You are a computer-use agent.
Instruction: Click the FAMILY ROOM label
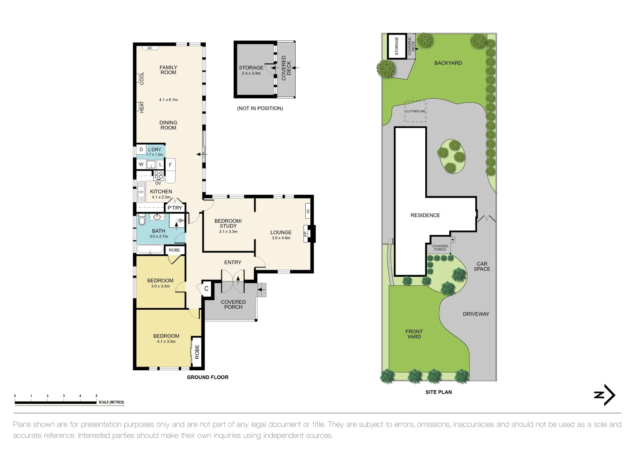coord(168,70)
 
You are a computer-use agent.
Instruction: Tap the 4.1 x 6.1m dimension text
coord(168,100)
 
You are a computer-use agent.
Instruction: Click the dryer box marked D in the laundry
coord(141,150)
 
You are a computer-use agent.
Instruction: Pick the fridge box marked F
coord(170,165)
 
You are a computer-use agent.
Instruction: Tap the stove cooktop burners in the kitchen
coord(158,175)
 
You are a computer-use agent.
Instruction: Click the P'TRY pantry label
coord(175,208)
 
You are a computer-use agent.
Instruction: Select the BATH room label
coord(158,231)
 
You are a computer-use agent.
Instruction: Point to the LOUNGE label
coord(281,233)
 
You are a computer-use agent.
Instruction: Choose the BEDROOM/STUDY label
coord(228,223)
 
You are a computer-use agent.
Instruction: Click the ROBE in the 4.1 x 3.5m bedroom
coord(197,352)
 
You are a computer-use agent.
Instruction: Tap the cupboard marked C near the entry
coord(206,289)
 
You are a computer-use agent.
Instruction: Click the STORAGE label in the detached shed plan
coord(251,67)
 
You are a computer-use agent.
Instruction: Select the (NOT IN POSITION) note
coord(260,108)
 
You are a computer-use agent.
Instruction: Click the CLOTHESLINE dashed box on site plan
coord(415,111)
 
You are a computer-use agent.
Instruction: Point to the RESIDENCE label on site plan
coord(425,215)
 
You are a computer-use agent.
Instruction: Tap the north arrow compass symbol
coord(605,395)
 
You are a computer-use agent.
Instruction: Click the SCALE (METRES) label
coord(111,402)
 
